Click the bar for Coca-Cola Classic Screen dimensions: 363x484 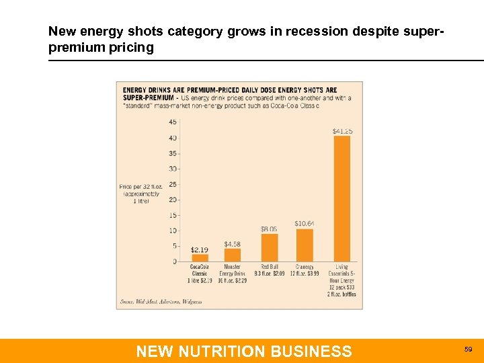tap(200, 257)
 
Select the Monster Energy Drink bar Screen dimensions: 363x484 tap(233, 255)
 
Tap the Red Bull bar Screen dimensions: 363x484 tap(269, 247)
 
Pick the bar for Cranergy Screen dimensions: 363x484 tap(305, 245)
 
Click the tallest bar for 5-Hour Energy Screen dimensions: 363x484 tap(342, 198)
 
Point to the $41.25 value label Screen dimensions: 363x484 tap(342, 131)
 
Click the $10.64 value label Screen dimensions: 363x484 tap(305, 223)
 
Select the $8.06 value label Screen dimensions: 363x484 tap(269, 229)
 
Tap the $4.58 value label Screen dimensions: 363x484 tap(233, 243)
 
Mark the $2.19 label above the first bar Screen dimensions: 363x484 tap(200, 249)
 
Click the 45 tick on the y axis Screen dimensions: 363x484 tap(173, 122)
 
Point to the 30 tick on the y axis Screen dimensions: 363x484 tap(173, 169)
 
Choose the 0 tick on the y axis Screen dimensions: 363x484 tap(175, 261)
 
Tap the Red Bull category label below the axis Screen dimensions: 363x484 tap(270, 270)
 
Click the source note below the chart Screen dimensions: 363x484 tap(161, 302)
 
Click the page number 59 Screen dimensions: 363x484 tap(469, 350)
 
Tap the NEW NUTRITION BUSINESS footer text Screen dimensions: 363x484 tap(243, 351)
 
